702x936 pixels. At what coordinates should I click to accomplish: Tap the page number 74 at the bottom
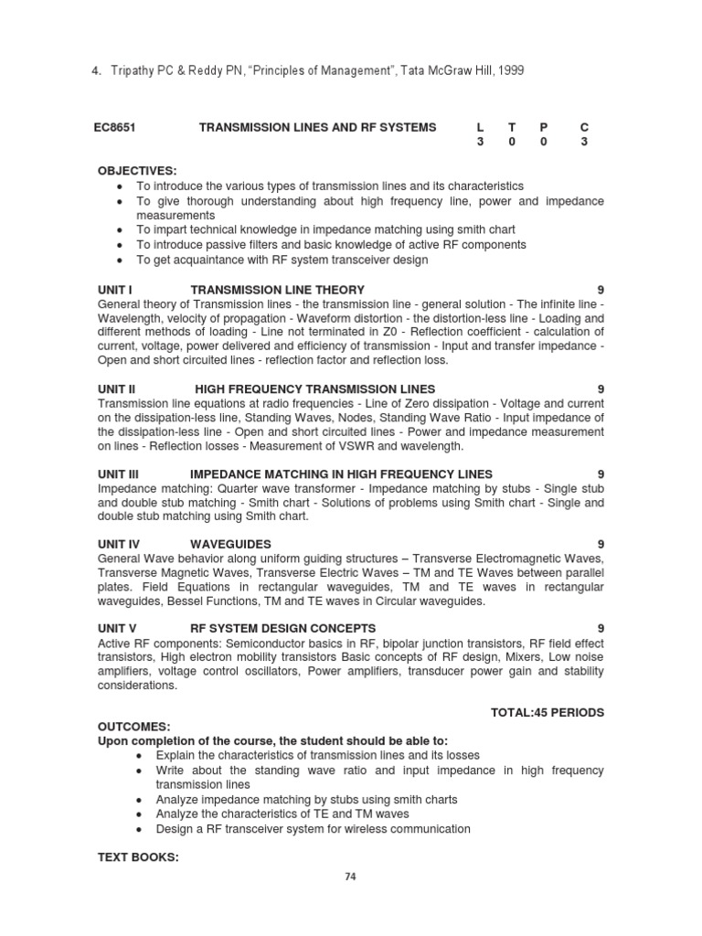click(x=350, y=877)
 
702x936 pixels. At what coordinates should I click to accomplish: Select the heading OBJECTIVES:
click(x=138, y=171)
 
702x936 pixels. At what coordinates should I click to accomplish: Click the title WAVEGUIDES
click(x=228, y=543)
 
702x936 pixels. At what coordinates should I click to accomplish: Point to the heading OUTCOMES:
click(x=134, y=726)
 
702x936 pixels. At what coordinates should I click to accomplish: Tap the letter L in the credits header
click(x=481, y=127)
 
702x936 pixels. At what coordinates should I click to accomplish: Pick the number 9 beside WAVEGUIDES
click(x=601, y=543)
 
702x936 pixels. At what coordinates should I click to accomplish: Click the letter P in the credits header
click(x=544, y=127)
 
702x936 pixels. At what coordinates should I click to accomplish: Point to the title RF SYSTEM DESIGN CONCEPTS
click(x=282, y=628)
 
